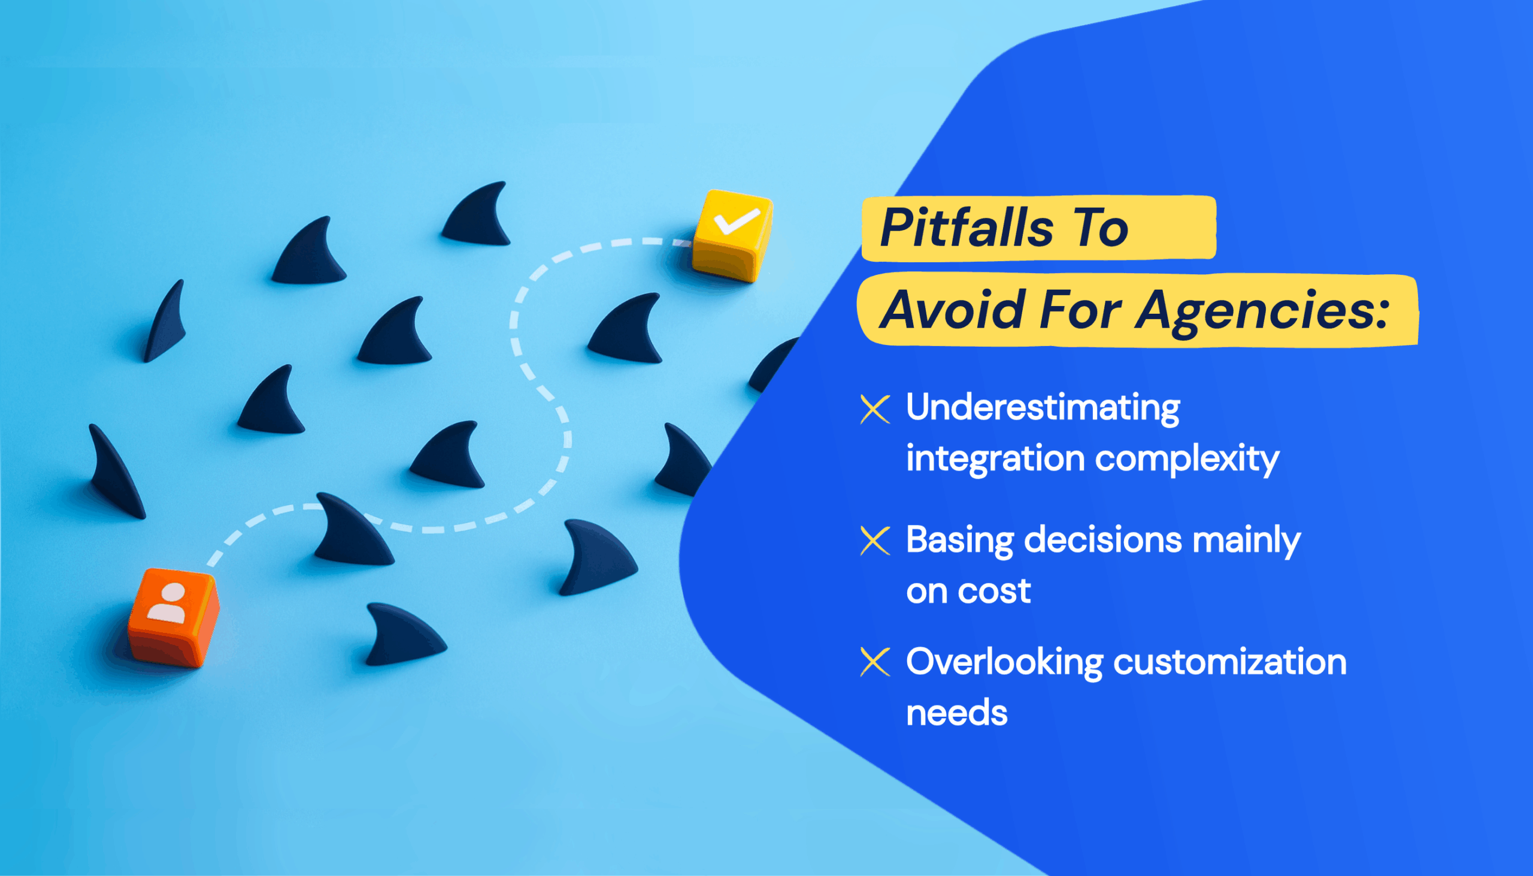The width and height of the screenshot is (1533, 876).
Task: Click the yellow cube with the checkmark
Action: click(x=732, y=235)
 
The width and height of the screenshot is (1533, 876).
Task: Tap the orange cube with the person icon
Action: click(x=174, y=617)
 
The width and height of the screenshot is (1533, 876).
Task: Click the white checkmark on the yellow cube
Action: click(x=736, y=220)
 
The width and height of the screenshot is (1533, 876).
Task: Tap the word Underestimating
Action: click(x=1043, y=408)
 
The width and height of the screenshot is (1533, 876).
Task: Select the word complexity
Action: click(x=1187, y=460)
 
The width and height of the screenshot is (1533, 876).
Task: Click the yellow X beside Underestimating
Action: click(x=875, y=409)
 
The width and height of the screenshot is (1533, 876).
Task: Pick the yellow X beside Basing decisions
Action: click(x=875, y=540)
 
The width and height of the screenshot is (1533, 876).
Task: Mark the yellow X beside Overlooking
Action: click(x=875, y=662)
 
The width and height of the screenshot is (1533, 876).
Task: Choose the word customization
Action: click(x=1230, y=662)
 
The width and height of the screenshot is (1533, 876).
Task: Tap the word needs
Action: click(x=956, y=713)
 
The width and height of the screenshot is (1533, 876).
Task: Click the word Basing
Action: click(x=960, y=541)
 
